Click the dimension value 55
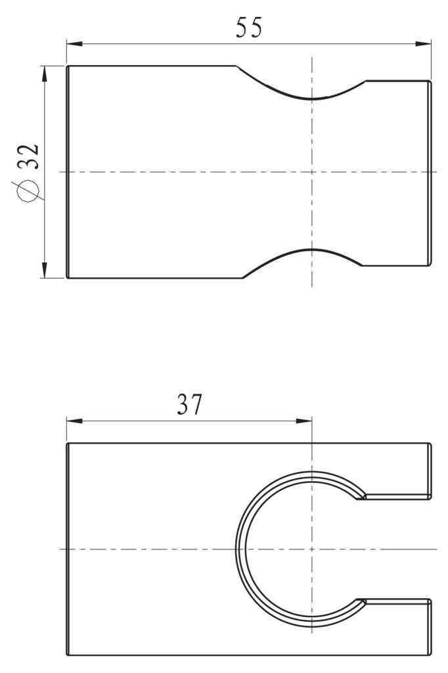[x=249, y=28]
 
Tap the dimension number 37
[x=190, y=405]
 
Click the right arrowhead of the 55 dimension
[x=424, y=44]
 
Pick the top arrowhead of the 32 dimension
[x=45, y=73]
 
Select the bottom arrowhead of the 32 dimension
[x=45, y=270]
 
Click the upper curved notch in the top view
[x=311, y=98]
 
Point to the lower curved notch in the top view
[x=311, y=250]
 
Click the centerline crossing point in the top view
[x=311, y=172]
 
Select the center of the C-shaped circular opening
[x=311, y=548]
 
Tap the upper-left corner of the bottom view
[x=68, y=444]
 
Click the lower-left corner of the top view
[x=68, y=277]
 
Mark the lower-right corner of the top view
[x=430, y=265]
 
